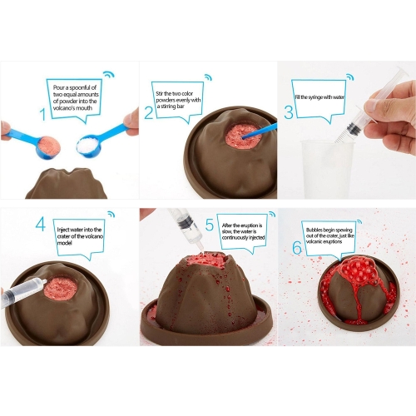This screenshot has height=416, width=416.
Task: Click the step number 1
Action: click(x=42, y=114)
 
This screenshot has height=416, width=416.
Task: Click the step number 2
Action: click(x=149, y=113)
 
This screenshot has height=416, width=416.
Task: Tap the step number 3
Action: click(x=289, y=112)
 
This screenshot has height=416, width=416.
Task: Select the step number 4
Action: click(x=41, y=224)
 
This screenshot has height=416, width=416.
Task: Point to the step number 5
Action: click(x=210, y=225)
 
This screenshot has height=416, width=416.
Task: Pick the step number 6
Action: click(x=297, y=247)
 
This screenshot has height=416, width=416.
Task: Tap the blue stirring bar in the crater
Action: click(x=259, y=131)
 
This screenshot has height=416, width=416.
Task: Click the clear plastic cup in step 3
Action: click(x=328, y=168)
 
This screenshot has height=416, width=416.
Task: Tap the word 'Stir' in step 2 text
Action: click(x=160, y=93)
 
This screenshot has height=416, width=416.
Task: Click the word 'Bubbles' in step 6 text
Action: click(x=314, y=230)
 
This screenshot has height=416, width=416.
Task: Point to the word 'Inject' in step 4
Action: click(x=63, y=230)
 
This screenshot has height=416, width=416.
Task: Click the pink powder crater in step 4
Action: click(x=61, y=288)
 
